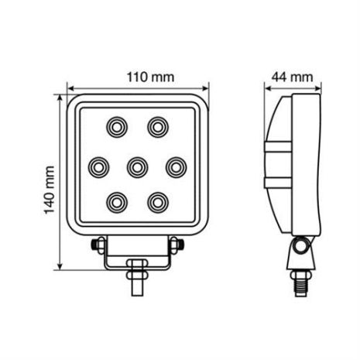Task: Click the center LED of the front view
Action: pyautogui.click(x=137, y=165)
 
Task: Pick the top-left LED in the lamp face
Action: pyautogui.click(x=116, y=125)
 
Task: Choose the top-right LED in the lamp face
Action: pyautogui.click(x=159, y=125)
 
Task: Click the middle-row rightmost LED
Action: pyautogui.click(x=177, y=165)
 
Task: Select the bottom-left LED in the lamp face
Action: pyautogui.click(x=116, y=202)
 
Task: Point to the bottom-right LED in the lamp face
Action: pyautogui.click(x=158, y=202)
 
